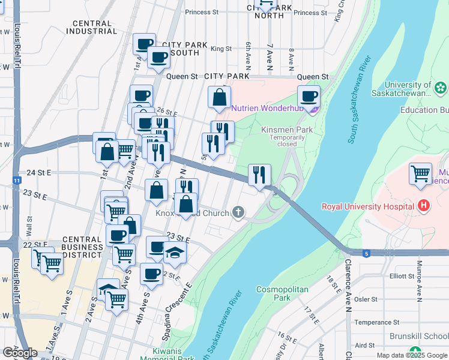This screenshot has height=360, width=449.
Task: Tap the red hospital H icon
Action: point(424,206)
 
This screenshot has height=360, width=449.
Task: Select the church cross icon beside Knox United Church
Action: point(239,212)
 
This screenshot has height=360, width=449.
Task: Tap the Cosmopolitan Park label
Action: point(282,293)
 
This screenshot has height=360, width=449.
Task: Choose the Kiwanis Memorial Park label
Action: point(167,355)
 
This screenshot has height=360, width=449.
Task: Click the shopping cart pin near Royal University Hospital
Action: point(420,174)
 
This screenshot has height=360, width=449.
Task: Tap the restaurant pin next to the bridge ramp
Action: point(259,175)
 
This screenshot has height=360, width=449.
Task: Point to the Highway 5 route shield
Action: point(366,253)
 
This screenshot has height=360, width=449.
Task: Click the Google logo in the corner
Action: point(20,353)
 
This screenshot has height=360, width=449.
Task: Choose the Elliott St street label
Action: point(402,276)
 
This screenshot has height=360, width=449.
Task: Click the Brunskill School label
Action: point(419,337)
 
